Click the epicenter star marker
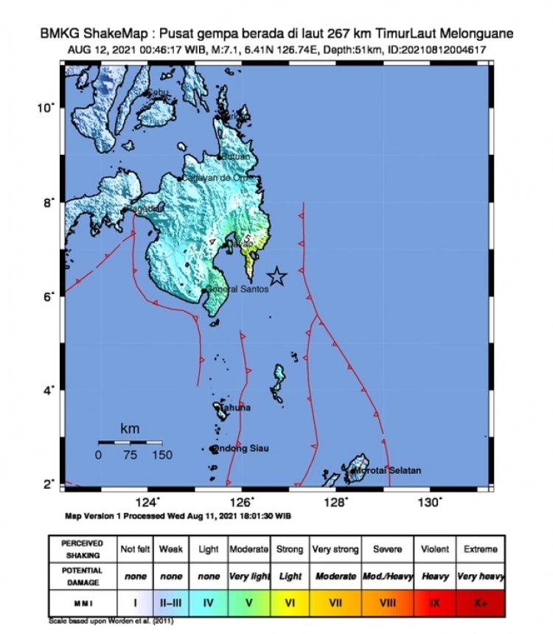[x=276, y=276]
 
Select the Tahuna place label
[x=234, y=408]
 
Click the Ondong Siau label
[x=241, y=448]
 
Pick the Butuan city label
[x=237, y=156]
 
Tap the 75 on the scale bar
[x=130, y=456]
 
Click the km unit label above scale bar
[x=130, y=428]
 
